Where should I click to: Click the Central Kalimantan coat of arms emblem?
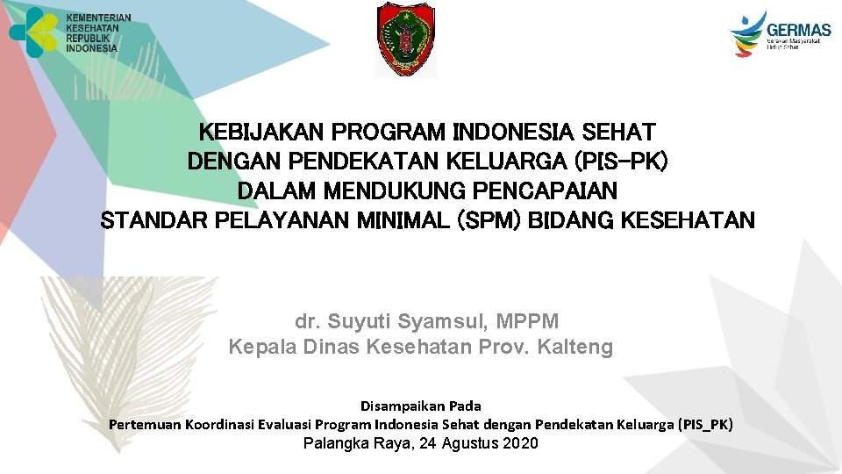click(x=405, y=39)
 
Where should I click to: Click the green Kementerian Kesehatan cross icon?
click(x=33, y=32)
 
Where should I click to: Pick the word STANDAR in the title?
click(x=146, y=219)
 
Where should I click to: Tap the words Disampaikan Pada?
click(x=421, y=406)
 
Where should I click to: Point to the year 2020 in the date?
click(x=522, y=443)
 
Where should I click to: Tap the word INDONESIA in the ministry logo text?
click(x=91, y=49)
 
